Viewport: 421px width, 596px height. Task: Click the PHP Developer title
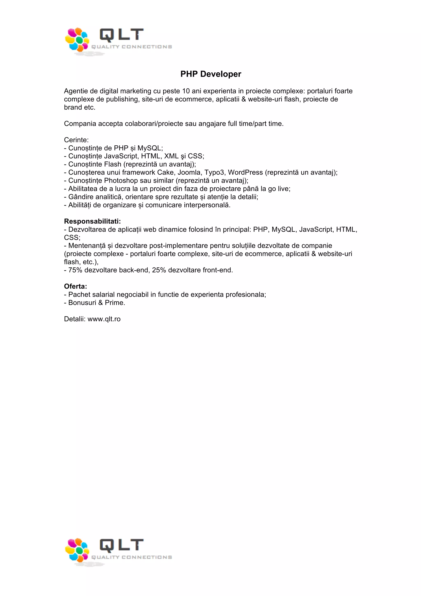[x=211, y=74]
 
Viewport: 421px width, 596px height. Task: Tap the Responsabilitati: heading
[x=92, y=221]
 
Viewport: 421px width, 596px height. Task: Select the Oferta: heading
[x=75, y=286]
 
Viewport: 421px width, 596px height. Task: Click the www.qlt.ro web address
[x=104, y=319]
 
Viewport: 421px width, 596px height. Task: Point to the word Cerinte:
[x=76, y=140]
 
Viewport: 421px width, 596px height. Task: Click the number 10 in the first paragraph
[x=186, y=91]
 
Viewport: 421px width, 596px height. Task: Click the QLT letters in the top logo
[x=121, y=35]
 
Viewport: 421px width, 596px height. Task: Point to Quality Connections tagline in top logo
[x=132, y=47]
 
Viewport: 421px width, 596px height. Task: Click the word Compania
[x=80, y=124]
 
